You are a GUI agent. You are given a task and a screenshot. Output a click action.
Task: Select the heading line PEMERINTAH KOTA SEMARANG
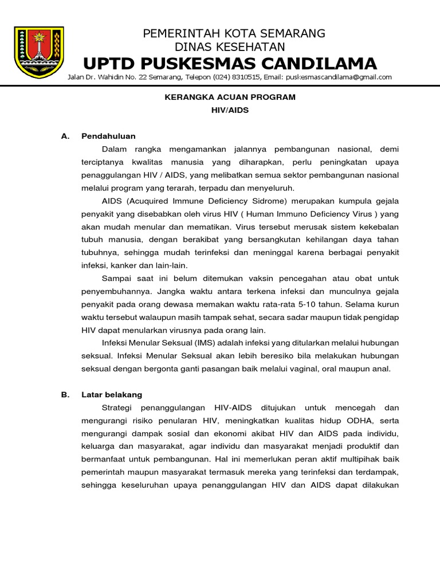pos(234,33)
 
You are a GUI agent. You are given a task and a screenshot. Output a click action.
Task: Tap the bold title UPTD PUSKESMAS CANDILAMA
pos(230,62)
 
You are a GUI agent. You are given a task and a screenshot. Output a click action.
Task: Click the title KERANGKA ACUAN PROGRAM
pos(230,97)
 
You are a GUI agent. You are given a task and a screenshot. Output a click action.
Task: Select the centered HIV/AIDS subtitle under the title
pos(230,110)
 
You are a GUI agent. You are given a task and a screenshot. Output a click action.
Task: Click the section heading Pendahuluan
pos(108,136)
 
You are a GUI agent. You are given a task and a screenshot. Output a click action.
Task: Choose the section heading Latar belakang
pos(112,395)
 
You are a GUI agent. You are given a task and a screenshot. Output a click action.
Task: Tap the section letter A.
pos(65,136)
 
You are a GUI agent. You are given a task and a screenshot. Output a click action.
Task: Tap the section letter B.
pos(65,395)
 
